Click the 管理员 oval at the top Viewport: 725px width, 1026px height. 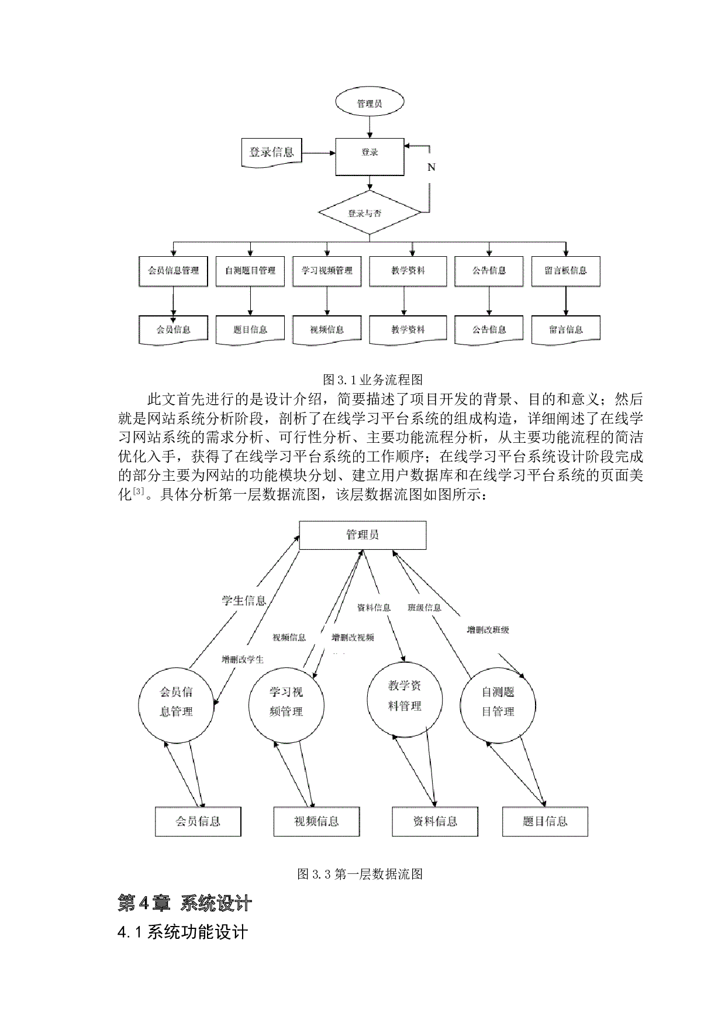[370, 104]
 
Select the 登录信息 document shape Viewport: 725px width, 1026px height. [271, 153]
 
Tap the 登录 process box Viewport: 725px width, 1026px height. [370, 156]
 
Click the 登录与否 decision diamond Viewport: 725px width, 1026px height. [370, 213]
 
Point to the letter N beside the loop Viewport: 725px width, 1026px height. [431, 167]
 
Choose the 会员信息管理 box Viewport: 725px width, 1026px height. [173, 271]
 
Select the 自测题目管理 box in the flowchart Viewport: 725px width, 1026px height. [250, 271]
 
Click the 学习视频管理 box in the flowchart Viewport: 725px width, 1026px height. [327, 271]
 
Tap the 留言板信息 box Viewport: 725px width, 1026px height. [565, 271]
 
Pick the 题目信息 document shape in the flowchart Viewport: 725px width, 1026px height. [250, 330]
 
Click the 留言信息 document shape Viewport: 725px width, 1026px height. [565, 330]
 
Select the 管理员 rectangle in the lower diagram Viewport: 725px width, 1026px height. [362, 535]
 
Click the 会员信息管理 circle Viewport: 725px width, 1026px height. [176, 705]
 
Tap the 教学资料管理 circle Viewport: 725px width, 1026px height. [405, 698]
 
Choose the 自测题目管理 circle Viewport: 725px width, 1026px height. [498, 704]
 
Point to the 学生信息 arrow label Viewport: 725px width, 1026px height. [244, 601]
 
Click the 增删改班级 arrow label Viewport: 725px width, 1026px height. [488, 630]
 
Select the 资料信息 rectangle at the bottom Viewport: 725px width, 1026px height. [435, 821]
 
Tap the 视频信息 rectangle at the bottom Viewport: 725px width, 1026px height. [316, 821]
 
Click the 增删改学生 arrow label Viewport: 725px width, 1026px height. [243, 659]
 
